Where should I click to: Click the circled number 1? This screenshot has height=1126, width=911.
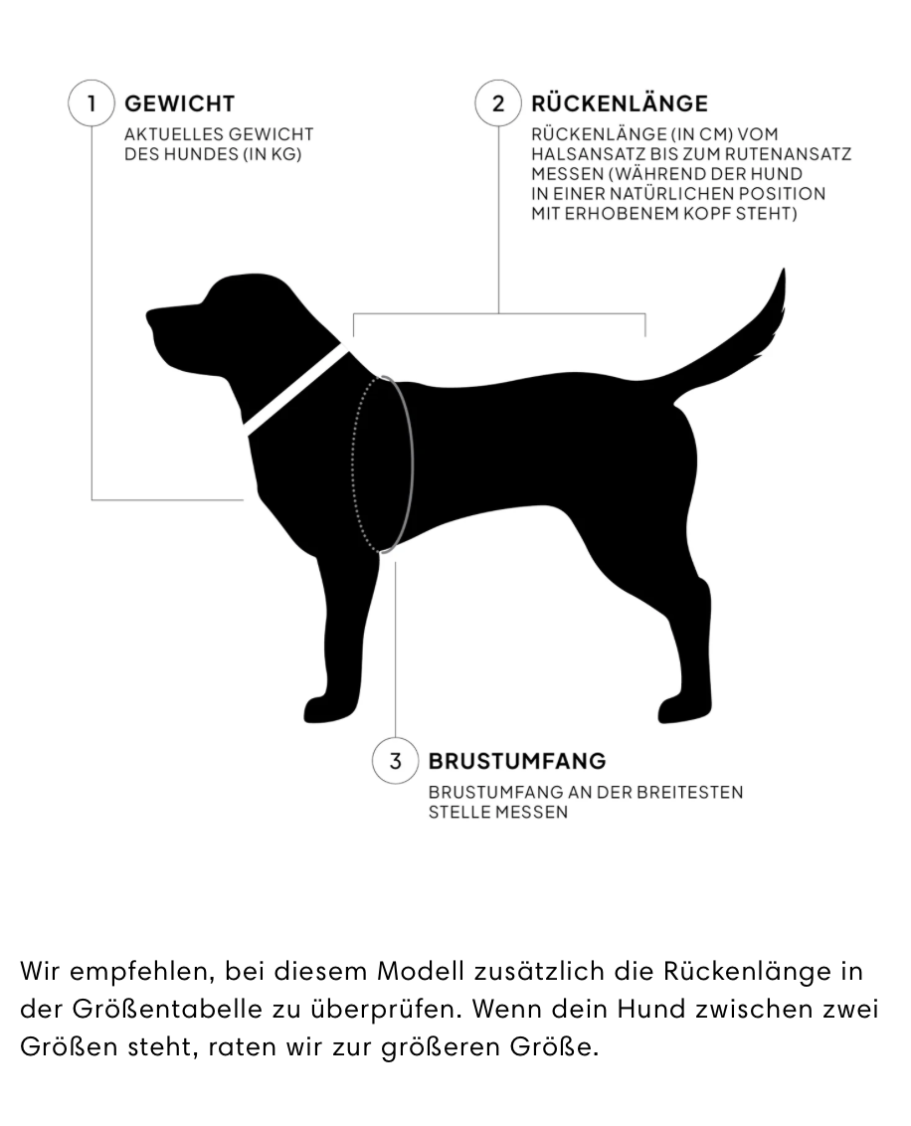coord(91,103)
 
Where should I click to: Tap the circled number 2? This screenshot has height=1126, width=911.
coord(498,103)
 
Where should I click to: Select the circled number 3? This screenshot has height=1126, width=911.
coord(396,762)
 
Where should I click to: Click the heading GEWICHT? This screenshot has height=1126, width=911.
coord(179,103)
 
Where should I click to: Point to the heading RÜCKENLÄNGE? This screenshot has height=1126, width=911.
coord(620,103)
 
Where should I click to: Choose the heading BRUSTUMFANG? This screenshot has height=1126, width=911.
coord(516,762)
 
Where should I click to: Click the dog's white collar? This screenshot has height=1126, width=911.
coord(295,389)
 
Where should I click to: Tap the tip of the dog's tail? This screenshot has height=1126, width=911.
coord(783,275)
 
